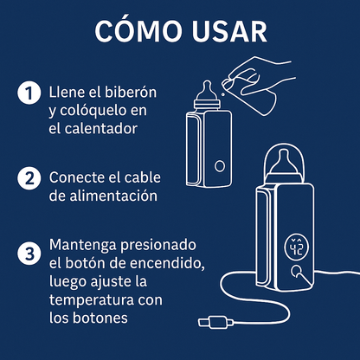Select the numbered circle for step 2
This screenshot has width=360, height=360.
pos(29,178)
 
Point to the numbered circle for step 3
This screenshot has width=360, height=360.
pos(29,254)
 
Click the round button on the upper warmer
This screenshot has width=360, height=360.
pos(220,165)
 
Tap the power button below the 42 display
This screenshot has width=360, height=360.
pos(299,277)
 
